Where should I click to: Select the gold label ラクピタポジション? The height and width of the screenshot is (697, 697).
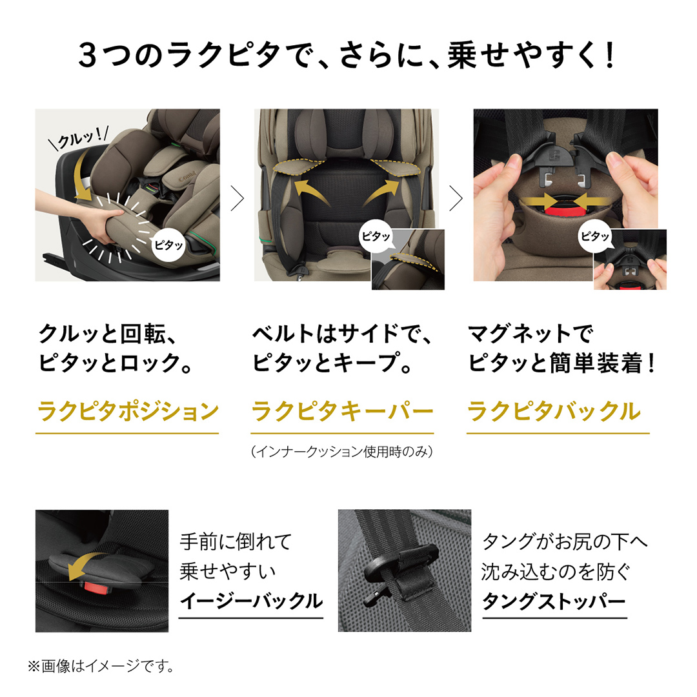(x=128, y=410)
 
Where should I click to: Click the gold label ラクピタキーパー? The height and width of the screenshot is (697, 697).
(x=341, y=410)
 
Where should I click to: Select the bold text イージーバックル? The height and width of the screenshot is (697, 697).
(x=250, y=601)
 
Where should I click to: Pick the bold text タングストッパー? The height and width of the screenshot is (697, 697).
(x=554, y=601)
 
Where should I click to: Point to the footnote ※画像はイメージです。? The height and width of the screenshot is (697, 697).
(x=101, y=665)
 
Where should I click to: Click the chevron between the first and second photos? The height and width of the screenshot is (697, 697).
(x=237, y=199)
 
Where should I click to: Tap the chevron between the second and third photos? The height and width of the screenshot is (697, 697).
(x=456, y=199)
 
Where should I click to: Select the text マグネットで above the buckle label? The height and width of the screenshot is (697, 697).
(x=529, y=334)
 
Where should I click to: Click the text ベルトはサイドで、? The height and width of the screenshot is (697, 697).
(x=341, y=334)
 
